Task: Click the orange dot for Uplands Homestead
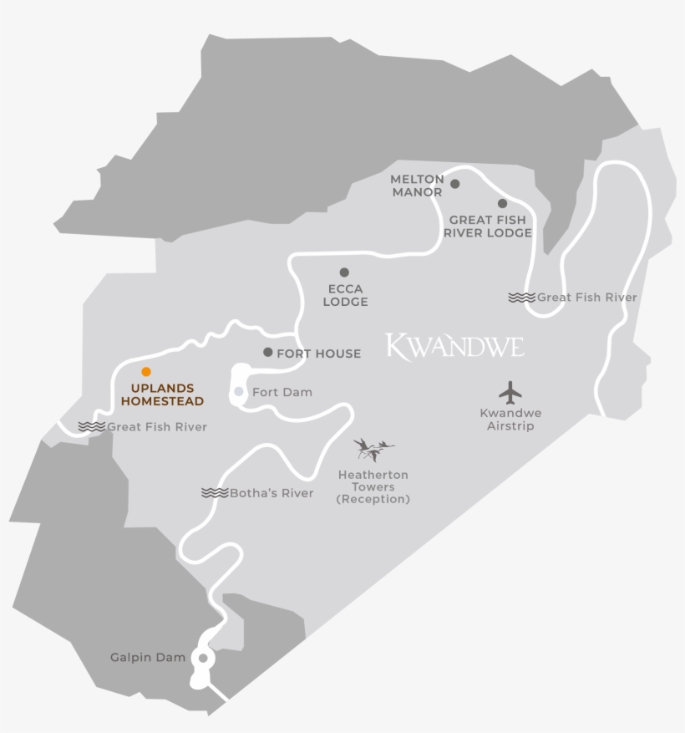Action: coord(146,371)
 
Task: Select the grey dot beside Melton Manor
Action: coord(455,184)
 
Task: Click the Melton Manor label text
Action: coord(417,186)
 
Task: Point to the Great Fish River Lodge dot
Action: coord(502,203)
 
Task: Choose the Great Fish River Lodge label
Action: coord(488,227)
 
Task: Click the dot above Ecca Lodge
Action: coord(344,272)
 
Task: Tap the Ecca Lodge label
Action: coord(345,295)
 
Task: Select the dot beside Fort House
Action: coord(267,353)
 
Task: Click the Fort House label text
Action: coord(319,354)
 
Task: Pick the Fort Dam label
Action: coord(282,392)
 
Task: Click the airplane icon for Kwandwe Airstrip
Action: coord(510,391)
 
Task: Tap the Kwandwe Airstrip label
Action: coord(510,420)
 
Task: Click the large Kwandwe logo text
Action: coord(455,345)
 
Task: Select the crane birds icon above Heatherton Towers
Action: coord(373,450)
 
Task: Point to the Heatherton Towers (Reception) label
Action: coord(373,487)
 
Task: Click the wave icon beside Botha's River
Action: coord(215,493)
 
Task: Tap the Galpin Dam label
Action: coord(148,658)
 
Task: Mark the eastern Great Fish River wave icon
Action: coord(521,298)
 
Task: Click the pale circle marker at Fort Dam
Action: coord(239,391)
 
